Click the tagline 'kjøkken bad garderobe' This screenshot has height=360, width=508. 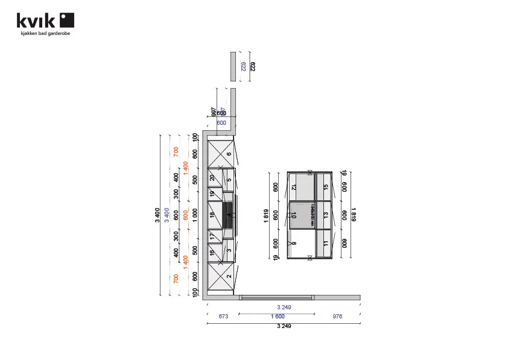46,34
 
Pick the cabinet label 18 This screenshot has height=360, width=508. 212,215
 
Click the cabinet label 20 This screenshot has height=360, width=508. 212,177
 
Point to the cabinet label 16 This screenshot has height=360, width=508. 212,253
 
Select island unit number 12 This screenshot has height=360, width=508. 294,188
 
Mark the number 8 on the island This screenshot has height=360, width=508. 294,244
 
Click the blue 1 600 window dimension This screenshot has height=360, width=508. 278,316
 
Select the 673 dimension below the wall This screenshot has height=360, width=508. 223,316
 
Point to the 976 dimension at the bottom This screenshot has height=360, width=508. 337,316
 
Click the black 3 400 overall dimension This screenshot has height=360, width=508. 157,215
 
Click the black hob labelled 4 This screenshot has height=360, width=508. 229,215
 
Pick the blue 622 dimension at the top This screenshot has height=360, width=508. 243,66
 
